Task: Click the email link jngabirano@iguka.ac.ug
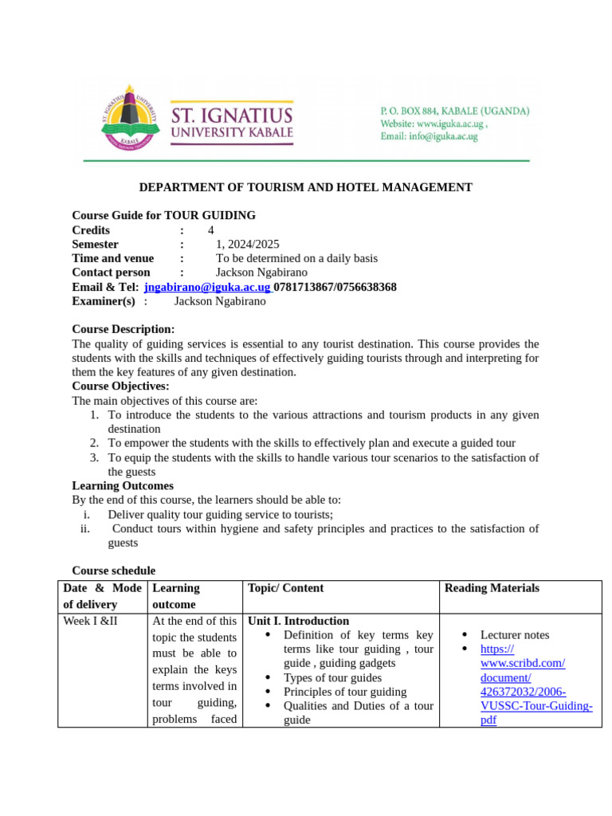pyautogui.click(x=207, y=287)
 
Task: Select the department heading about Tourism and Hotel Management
pyautogui.click(x=305, y=187)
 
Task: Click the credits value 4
pyautogui.click(x=211, y=229)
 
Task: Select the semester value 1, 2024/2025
pyautogui.click(x=247, y=244)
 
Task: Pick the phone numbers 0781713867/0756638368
pyautogui.click(x=335, y=287)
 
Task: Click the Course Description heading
pyautogui.click(x=123, y=329)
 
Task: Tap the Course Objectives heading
pyautogui.click(x=120, y=386)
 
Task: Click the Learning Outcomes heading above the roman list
pyautogui.click(x=122, y=485)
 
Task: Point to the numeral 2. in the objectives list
pyautogui.click(x=94, y=443)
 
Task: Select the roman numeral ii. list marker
pyautogui.click(x=85, y=528)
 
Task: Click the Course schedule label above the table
pyautogui.click(x=113, y=571)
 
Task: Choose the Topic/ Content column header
pyautogui.click(x=285, y=588)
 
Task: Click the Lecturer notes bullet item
pyautogui.click(x=514, y=635)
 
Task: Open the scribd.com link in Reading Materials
pyautogui.click(x=535, y=677)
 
